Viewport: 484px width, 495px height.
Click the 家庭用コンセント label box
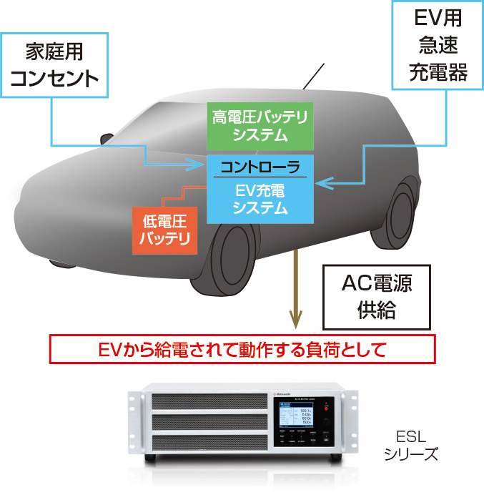pyautogui.click(x=56, y=64)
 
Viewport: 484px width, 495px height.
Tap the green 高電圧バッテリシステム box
pyautogui.click(x=260, y=125)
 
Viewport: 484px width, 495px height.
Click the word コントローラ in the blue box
pyautogui.click(x=260, y=167)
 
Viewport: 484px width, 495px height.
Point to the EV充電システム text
pyautogui.click(x=260, y=200)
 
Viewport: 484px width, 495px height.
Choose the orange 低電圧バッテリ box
pyautogui.click(x=164, y=230)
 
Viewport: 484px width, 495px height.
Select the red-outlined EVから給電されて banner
pyautogui.click(x=242, y=351)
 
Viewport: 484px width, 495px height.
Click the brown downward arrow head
pyautogui.click(x=294, y=320)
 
